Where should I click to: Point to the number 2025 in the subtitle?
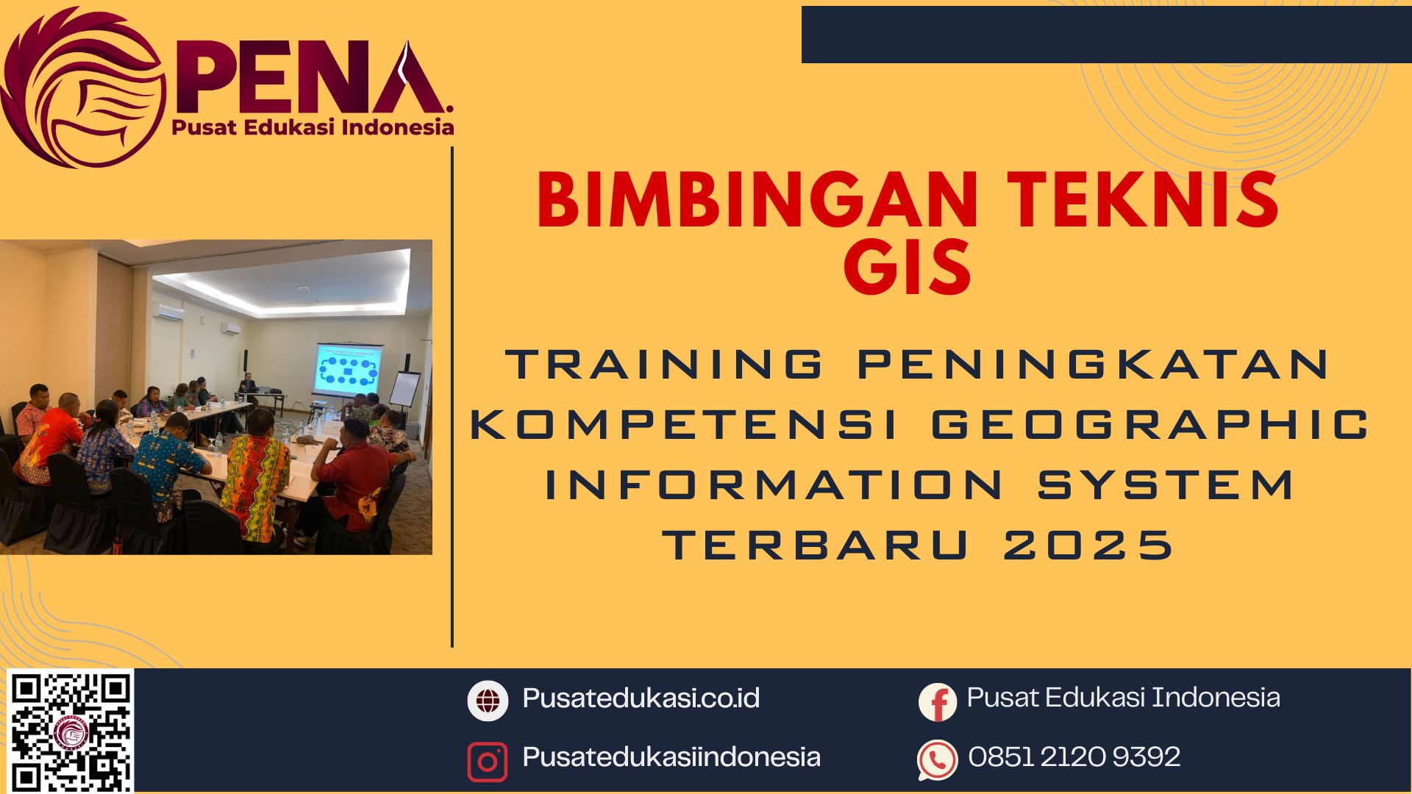click(1088, 546)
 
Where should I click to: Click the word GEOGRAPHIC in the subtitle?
click(1150, 425)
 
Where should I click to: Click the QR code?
click(71, 731)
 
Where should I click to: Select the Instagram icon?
click(488, 762)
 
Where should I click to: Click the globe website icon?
click(488, 700)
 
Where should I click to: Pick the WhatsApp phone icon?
click(938, 759)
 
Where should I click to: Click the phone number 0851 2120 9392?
click(1074, 757)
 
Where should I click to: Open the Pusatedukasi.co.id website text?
click(641, 698)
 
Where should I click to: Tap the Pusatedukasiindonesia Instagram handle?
click(671, 757)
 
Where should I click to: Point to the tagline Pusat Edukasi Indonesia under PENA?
click(313, 128)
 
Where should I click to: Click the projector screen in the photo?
click(348, 370)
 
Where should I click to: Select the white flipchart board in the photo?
click(404, 390)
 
